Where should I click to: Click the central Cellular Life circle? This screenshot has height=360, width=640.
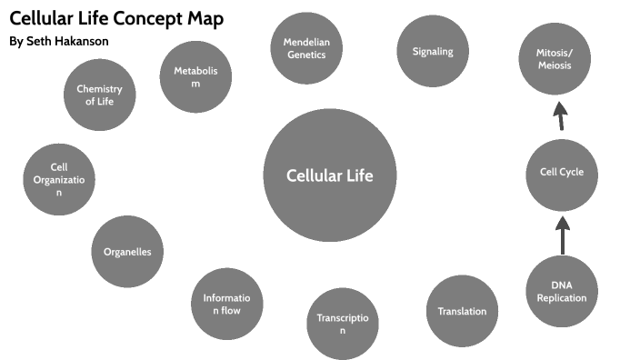click(x=330, y=175)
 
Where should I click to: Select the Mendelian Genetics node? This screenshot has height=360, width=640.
click(x=305, y=48)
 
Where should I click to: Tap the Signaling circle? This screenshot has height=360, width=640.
click(x=433, y=52)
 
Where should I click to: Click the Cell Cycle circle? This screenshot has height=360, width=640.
click(x=562, y=173)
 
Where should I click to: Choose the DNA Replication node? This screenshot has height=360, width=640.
click(x=562, y=291)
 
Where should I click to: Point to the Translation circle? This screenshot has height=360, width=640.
click(x=462, y=311)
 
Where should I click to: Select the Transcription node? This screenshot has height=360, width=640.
click(x=342, y=324)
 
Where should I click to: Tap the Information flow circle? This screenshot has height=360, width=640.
click(x=226, y=304)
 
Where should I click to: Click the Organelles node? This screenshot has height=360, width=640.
click(x=127, y=252)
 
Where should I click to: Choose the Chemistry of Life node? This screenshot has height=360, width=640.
click(x=99, y=95)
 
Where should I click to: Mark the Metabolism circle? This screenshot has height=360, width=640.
click(x=195, y=76)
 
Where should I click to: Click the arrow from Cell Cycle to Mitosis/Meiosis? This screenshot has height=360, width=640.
click(x=560, y=115)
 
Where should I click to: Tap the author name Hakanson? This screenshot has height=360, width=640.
click(x=81, y=42)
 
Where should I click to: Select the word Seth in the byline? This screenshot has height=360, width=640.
click(x=39, y=42)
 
